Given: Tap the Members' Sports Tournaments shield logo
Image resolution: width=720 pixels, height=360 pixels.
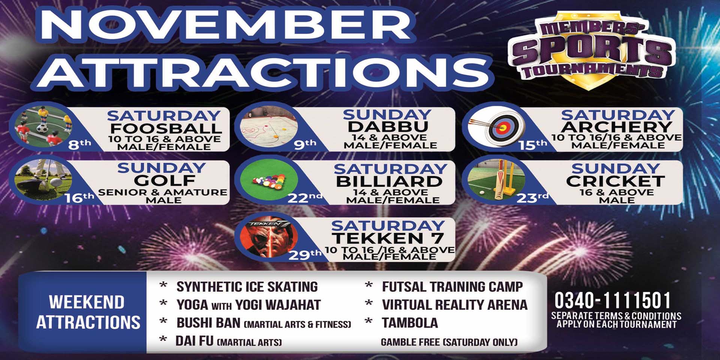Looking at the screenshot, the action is tap(592, 50).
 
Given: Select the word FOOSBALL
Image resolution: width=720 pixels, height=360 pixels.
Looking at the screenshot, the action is tap(166, 128).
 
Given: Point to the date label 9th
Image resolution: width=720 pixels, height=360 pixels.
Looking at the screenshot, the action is tap(305, 144).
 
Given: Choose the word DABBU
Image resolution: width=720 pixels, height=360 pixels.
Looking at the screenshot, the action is tap(388, 127).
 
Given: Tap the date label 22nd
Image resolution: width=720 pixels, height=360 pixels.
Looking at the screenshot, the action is tap(304, 198).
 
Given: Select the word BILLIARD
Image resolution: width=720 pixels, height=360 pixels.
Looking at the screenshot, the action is tap(389, 181).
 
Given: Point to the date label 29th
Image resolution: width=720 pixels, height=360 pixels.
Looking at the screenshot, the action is tap(305, 255).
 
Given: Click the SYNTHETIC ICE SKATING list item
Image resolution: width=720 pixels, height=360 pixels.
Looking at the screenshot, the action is tap(247, 287).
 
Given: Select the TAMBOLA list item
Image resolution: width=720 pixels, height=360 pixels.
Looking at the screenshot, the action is tap(409, 323).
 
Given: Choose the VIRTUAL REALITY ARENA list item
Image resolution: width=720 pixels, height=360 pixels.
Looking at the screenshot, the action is tap(454, 305).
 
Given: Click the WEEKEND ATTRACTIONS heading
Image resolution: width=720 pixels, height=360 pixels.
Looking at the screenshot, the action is tap(88, 312).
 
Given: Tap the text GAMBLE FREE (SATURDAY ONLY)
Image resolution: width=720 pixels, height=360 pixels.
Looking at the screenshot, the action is tap(449, 342).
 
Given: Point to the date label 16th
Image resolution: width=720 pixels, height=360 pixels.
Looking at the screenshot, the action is tap(79, 198).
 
